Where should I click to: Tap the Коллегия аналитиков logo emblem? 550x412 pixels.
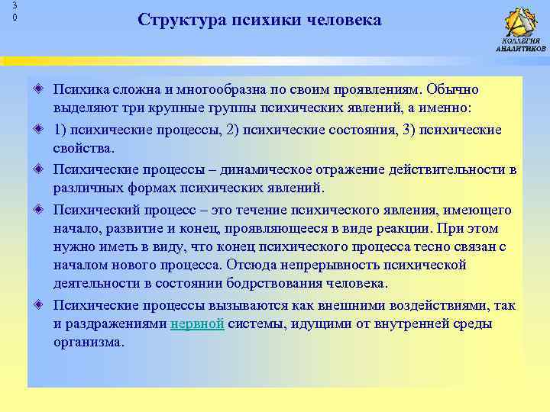[521, 22]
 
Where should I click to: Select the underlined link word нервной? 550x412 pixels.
[197, 323]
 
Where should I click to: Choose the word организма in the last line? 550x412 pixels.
[88, 343]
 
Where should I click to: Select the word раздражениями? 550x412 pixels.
[118, 323]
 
